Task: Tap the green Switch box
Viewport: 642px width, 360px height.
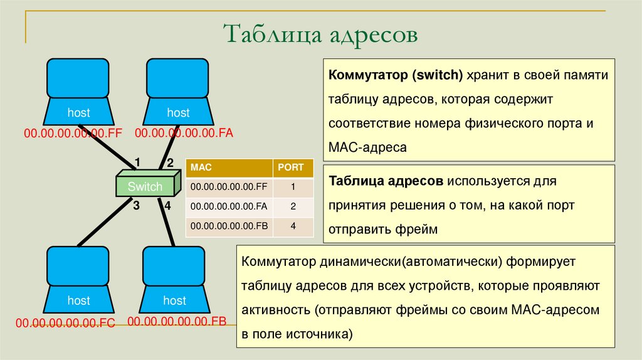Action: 145,186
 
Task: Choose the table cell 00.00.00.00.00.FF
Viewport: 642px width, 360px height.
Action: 229,187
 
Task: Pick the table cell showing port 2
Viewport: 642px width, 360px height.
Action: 293,206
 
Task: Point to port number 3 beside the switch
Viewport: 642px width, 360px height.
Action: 135,206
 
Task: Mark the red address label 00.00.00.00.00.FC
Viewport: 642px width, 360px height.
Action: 66,324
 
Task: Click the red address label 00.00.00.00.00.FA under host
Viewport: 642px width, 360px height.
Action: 184,133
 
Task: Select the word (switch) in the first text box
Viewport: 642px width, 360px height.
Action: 437,76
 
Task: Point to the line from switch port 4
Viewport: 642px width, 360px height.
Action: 167,223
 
